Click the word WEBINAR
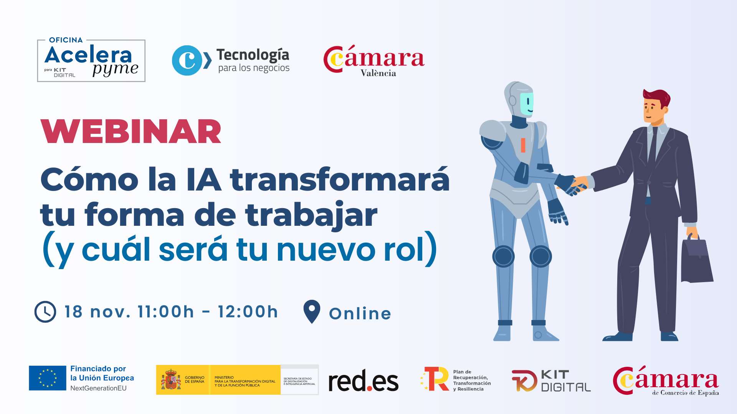tap(131, 131)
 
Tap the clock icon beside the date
tap(45, 312)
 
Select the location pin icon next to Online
tap(312, 311)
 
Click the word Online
tap(360, 314)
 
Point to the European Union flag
tap(48, 378)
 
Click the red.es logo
tap(363, 381)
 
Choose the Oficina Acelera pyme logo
tap(91, 61)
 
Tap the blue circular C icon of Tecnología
tap(187, 60)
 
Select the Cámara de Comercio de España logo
tap(666, 380)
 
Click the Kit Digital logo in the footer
tap(551, 381)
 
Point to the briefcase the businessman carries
tap(696, 261)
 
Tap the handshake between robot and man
tap(574, 186)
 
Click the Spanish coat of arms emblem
tap(171, 380)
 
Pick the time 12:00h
tap(248, 312)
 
